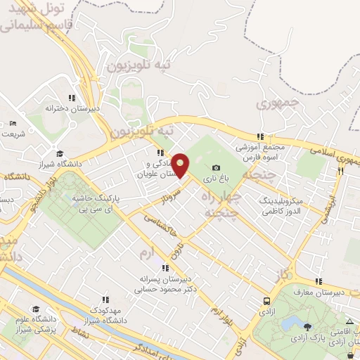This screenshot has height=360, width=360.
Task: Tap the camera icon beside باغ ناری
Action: (216, 168)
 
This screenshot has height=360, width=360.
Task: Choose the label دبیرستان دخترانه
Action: (70, 109)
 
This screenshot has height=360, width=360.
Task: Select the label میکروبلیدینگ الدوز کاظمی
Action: (280, 205)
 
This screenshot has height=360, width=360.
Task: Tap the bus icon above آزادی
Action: (265, 299)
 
